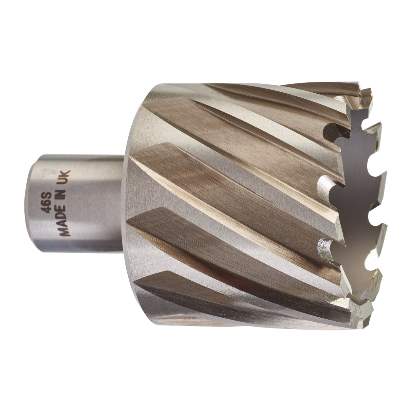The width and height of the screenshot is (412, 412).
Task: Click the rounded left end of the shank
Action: (31, 204)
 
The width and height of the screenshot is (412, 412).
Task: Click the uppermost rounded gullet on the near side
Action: (331, 131)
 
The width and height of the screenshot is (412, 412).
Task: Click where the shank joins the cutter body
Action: (124, 204)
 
